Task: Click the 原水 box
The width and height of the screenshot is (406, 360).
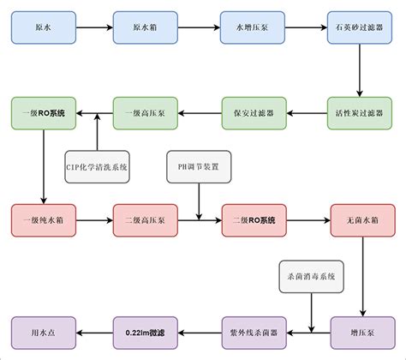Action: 44,28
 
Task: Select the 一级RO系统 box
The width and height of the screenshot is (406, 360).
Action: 44,113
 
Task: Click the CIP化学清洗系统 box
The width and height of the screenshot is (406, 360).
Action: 97,166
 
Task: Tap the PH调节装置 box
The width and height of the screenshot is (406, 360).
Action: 198,166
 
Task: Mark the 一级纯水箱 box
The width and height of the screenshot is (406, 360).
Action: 44,220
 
